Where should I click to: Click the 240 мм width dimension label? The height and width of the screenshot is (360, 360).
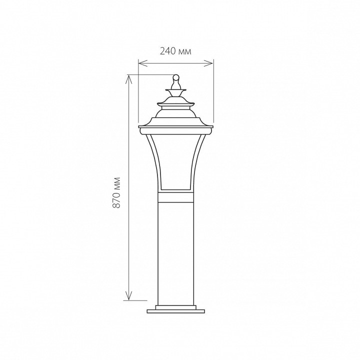point(175,51)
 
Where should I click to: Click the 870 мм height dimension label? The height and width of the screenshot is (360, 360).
point(117,192)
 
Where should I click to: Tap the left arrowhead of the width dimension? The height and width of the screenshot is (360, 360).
point(143,63)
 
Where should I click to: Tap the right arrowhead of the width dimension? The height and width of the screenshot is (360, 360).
point(208,63)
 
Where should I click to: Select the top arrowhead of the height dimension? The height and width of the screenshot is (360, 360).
point(129,79)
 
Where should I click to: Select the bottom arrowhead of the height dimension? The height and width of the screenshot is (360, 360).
point(129,295)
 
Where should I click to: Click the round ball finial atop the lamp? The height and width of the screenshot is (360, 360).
point(176,77)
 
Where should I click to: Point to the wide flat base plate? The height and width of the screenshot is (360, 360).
point(176,311)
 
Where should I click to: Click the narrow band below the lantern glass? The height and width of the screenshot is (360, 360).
point(176,197)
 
